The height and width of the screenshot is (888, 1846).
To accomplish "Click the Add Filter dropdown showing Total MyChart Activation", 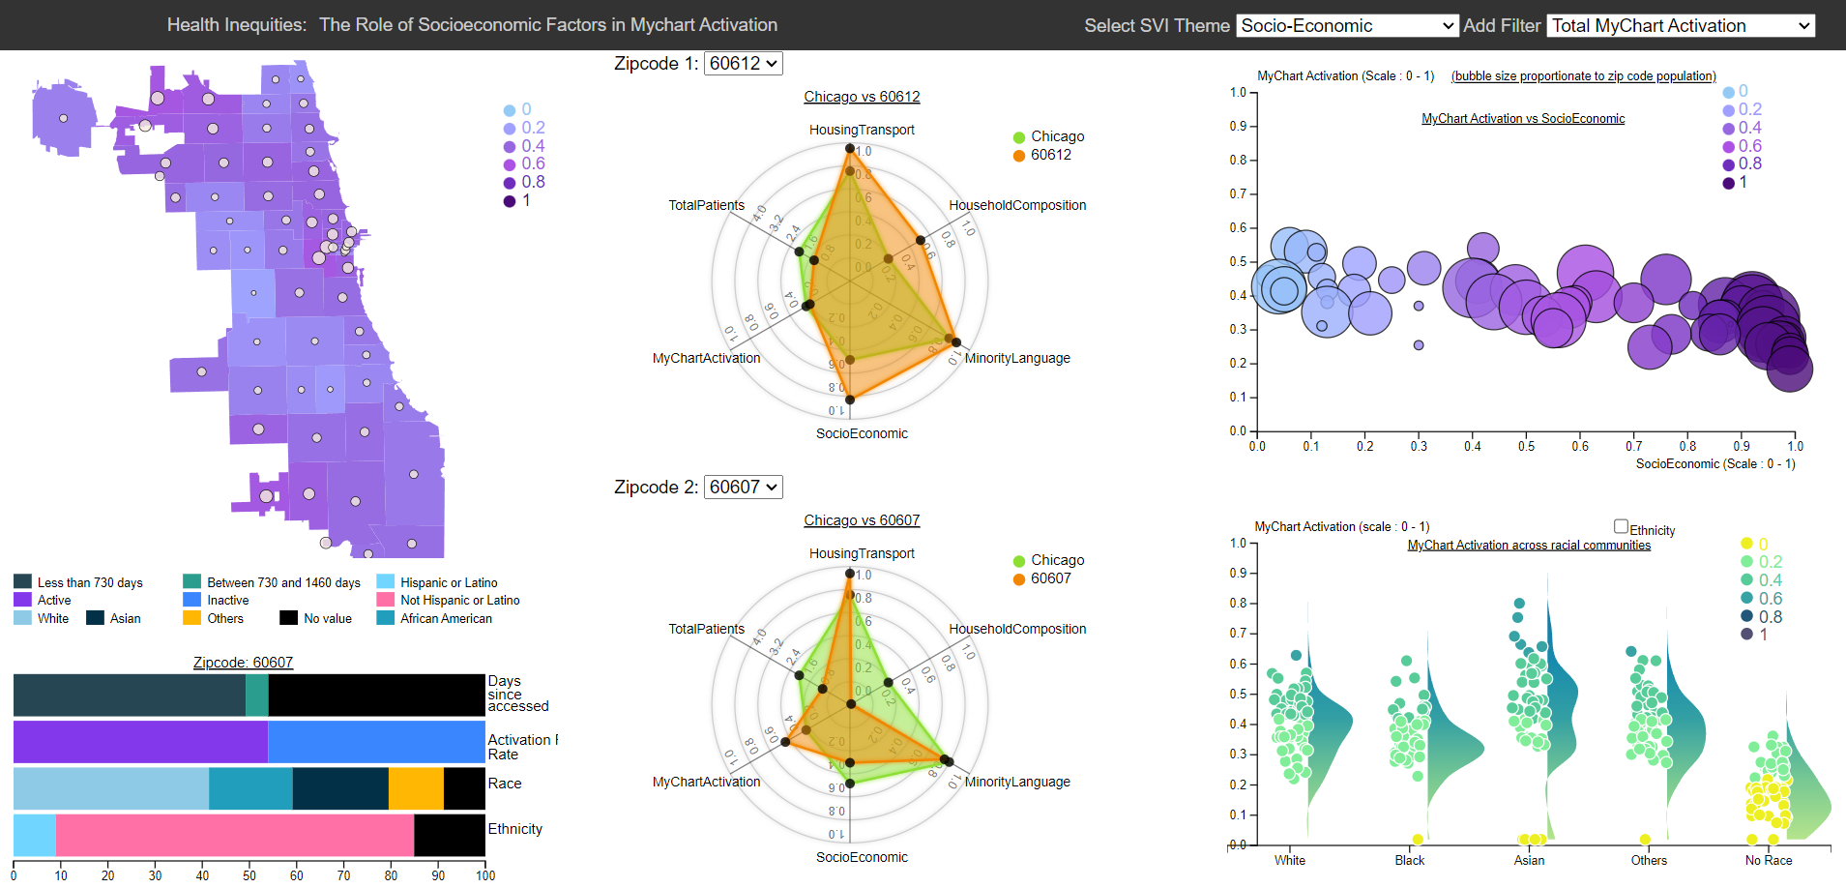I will [1681, 26].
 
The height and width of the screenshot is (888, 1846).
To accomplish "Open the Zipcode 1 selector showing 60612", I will [743, 64].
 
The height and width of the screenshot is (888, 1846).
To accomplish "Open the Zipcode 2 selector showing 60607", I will [743, 488].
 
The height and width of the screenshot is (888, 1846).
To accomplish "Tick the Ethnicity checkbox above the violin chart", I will [1621, 526].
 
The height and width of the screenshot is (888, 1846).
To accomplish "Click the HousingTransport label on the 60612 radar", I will [862, 130].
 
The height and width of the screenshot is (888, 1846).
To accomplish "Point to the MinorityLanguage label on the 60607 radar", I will [1017, 782].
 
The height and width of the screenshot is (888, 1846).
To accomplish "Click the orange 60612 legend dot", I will [1019, 156].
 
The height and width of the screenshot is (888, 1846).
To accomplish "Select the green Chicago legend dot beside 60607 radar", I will [1019, 561].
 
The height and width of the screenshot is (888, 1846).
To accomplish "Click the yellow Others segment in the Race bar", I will [416, 788].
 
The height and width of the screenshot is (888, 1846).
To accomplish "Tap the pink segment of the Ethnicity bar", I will [235, 835].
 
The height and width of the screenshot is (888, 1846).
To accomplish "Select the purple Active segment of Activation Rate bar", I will [140, 742].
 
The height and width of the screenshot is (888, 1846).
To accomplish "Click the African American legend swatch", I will [385, 618].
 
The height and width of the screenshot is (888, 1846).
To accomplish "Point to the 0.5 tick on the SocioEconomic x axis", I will [1526, 446].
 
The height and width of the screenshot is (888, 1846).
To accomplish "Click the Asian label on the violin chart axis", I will [1529, 860].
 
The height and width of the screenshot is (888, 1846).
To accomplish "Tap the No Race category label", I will [1769, 860].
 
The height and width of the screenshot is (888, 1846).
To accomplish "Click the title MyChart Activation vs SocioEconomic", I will [1523, 119].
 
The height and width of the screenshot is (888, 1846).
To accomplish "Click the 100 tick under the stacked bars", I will [485, 875].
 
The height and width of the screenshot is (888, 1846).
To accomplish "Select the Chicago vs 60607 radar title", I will [862, 520].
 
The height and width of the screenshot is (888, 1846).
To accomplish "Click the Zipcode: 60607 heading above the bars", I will [243, 663].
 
